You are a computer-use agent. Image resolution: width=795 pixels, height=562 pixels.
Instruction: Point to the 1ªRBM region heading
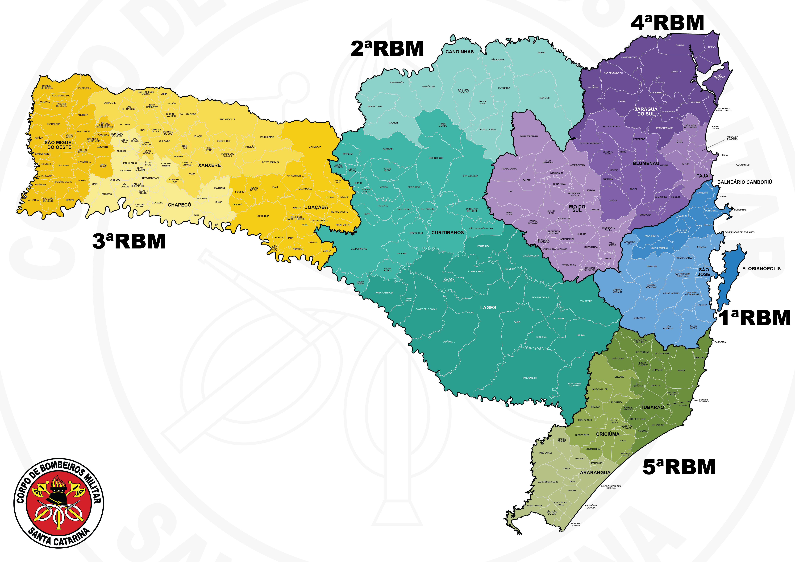(755, 318)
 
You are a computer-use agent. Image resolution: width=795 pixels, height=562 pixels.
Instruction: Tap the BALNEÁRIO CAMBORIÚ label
(745, 182)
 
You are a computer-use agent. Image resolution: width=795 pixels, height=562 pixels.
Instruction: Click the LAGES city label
(488, 308)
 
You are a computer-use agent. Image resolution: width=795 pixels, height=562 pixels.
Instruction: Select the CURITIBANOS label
(447, 233)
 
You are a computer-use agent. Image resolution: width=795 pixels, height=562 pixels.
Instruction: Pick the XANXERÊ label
(209, 165)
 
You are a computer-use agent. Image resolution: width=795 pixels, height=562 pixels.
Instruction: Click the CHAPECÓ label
(179, 205)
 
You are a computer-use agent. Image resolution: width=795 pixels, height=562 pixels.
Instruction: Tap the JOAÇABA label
(316, 207)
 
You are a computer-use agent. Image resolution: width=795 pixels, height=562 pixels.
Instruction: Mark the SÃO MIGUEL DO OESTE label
(59, 145)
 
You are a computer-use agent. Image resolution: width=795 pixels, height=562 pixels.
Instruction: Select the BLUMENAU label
(646, 163)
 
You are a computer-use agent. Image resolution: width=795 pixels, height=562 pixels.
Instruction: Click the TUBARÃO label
(652, 407)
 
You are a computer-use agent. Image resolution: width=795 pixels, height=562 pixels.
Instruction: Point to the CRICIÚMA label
(608, 434)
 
